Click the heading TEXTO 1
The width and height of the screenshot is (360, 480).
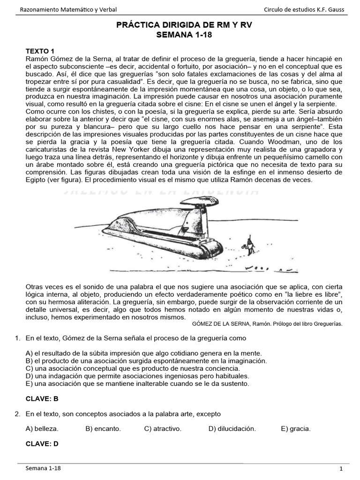(40, 51)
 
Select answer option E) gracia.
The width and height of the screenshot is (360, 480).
(296, 428)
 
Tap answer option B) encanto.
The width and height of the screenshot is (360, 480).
(103, 428)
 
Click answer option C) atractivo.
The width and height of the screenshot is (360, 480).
(163, 428)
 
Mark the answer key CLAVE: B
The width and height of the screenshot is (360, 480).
(42, 399)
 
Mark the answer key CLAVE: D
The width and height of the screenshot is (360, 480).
(42, 443)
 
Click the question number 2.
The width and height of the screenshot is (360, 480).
(17, 414)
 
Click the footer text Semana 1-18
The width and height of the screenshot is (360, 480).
(43, 468)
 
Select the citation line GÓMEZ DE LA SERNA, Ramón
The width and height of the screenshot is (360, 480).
(267, 324)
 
